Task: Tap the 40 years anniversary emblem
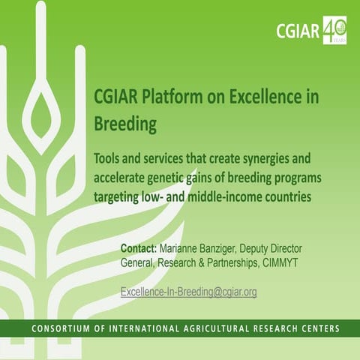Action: coord(334,30)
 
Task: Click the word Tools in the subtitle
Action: coord(110,160)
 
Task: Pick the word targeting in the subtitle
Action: coord(121,197)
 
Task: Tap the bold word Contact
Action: coord(139,248)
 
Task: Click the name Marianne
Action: coord(183,248)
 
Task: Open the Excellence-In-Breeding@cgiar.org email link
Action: coord(188,292)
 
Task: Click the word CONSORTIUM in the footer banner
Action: coord(65,328)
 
